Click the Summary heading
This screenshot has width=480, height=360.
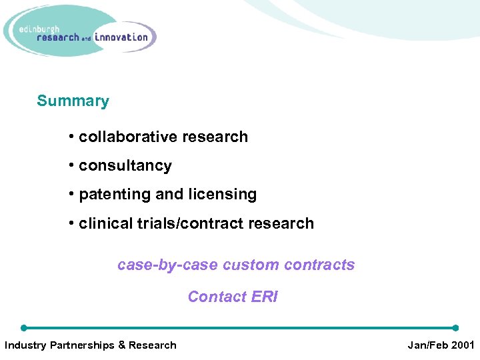pos(73,101)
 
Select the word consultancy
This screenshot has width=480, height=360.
pos(125,166)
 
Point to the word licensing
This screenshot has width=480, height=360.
pos(223,195)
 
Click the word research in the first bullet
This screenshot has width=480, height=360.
pos(217,137)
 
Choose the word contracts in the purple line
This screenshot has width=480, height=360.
pos(319,265)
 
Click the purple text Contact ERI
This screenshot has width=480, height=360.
pos(233,297)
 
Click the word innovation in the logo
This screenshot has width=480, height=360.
pos(121,37)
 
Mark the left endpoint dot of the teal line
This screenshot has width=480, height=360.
pos(24,328)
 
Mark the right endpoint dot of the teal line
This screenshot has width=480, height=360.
pos(455,328)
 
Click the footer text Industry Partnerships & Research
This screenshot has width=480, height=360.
pos(91,345)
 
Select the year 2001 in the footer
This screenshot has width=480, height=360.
pos(461,345)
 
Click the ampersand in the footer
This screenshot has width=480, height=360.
pos(121,345)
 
